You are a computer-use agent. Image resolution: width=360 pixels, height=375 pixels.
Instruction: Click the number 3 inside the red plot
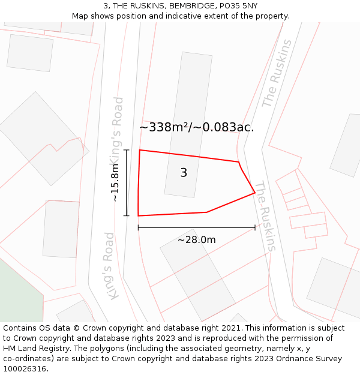click(x=184, y=173)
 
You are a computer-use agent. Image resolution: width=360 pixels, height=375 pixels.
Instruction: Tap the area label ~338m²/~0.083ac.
click(x=196, y=127)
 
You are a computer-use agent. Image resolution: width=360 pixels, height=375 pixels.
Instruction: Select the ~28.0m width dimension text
click(x=196, y=240)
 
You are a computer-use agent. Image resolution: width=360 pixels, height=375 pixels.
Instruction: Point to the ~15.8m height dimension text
click(x=115, y=182)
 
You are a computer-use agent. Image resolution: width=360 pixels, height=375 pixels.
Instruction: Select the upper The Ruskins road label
click(x=277, y=73)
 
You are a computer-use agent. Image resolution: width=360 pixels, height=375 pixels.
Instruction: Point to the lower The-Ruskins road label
click(x=265, y=216)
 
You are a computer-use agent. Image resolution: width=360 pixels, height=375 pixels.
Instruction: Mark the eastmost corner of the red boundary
click(x=255, y=193)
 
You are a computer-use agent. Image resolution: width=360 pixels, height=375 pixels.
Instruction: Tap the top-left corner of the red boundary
click(x=140, y=150)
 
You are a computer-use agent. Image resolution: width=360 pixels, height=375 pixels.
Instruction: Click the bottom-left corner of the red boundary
click(x=139, y=215)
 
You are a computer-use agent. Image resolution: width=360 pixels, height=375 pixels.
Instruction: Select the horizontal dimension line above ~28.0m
click(x=196, y=227)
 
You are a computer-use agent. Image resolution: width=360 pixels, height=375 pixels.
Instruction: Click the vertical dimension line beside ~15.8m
click(x=127, y=182)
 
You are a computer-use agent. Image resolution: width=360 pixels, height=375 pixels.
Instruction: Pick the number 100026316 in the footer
click(x=23, y=368)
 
